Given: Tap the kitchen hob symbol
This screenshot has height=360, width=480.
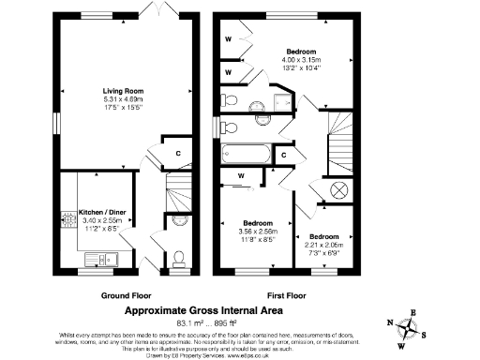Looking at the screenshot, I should point(67,221).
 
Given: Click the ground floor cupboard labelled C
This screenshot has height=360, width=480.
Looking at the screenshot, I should point(177,152).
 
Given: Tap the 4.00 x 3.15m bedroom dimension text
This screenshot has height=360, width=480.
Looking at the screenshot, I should point(301,59).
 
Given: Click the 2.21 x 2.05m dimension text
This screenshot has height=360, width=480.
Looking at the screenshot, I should point(324,245).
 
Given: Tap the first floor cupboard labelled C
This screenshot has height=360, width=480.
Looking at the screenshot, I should point(284,155).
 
